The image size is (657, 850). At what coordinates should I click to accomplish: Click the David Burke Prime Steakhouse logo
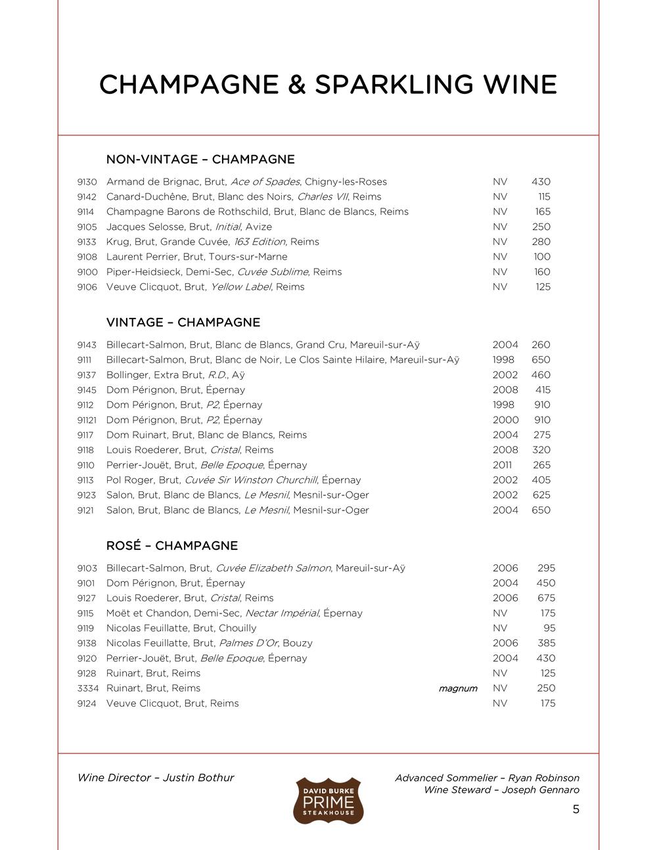[x=328, y=800]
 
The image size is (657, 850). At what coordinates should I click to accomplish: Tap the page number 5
[x=576, y=809]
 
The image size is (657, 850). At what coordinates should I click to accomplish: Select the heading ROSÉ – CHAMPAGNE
[x=172, y=546]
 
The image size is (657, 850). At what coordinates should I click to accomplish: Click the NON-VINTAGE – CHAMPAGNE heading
[x=200, y=160]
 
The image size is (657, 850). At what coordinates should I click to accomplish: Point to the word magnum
[x=458, y=688]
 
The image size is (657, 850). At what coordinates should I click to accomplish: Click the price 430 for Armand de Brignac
[x=541, y=182]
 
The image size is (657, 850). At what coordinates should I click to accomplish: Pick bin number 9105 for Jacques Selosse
[x=87, y=227]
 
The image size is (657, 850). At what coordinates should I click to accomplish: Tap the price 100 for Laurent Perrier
[x=542, y=257]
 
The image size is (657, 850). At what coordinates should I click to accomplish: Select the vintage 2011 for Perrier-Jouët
[x=504, y=465]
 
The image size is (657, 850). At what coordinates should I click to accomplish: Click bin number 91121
[x=88, y=420]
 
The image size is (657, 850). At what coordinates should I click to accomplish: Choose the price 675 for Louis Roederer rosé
[x=546, y=598]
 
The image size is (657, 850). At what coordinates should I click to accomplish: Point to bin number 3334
[x=88, y=688]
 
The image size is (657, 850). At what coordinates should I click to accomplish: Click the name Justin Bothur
[x=198, y=778]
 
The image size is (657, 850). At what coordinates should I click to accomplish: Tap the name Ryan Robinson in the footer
[x=544, y=778]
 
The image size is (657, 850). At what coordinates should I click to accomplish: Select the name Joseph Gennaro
[x=541, y=790]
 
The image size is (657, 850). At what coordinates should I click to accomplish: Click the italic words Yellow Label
[x=240, y=287]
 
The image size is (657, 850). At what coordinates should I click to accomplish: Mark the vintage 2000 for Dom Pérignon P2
[x=505, y=420]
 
